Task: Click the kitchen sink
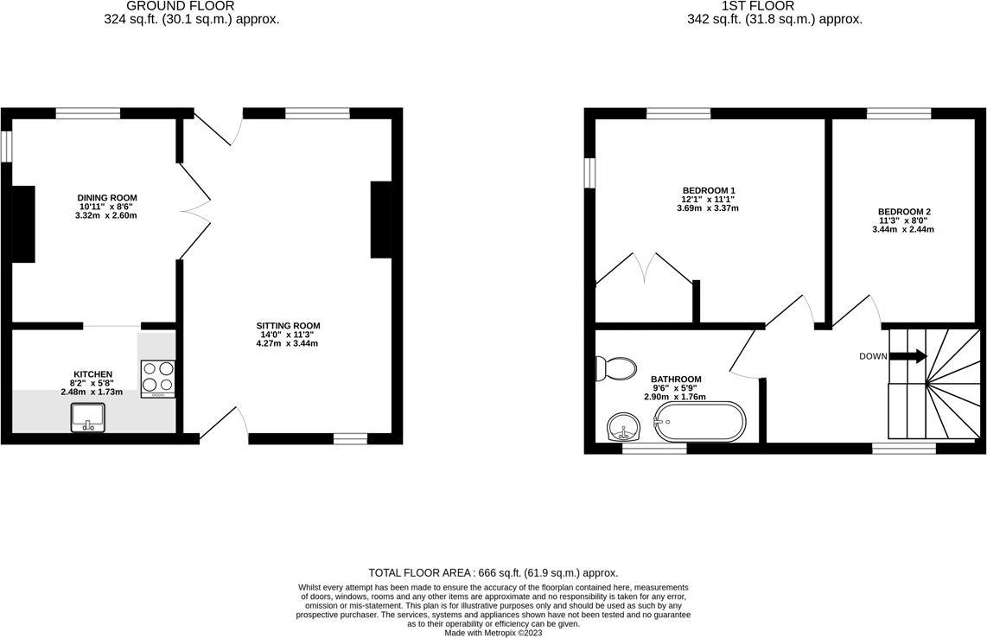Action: (87, 418)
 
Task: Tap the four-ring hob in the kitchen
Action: (158, 378)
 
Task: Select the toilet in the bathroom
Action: (615, 369)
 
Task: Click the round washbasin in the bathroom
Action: (623, 426)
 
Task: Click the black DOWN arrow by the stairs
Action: (908, 356)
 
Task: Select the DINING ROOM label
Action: (107, 198)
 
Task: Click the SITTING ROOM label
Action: (289, 326)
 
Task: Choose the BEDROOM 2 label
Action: (904, 212)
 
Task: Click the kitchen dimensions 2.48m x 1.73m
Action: (92, 392)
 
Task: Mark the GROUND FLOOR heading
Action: (180, 6)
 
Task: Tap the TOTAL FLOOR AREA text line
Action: (493, 572)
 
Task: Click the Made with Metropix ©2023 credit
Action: (493, 633)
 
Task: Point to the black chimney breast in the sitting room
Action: (380, 220)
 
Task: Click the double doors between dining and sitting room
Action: (195, 212)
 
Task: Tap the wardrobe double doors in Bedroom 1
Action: (644, 268)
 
